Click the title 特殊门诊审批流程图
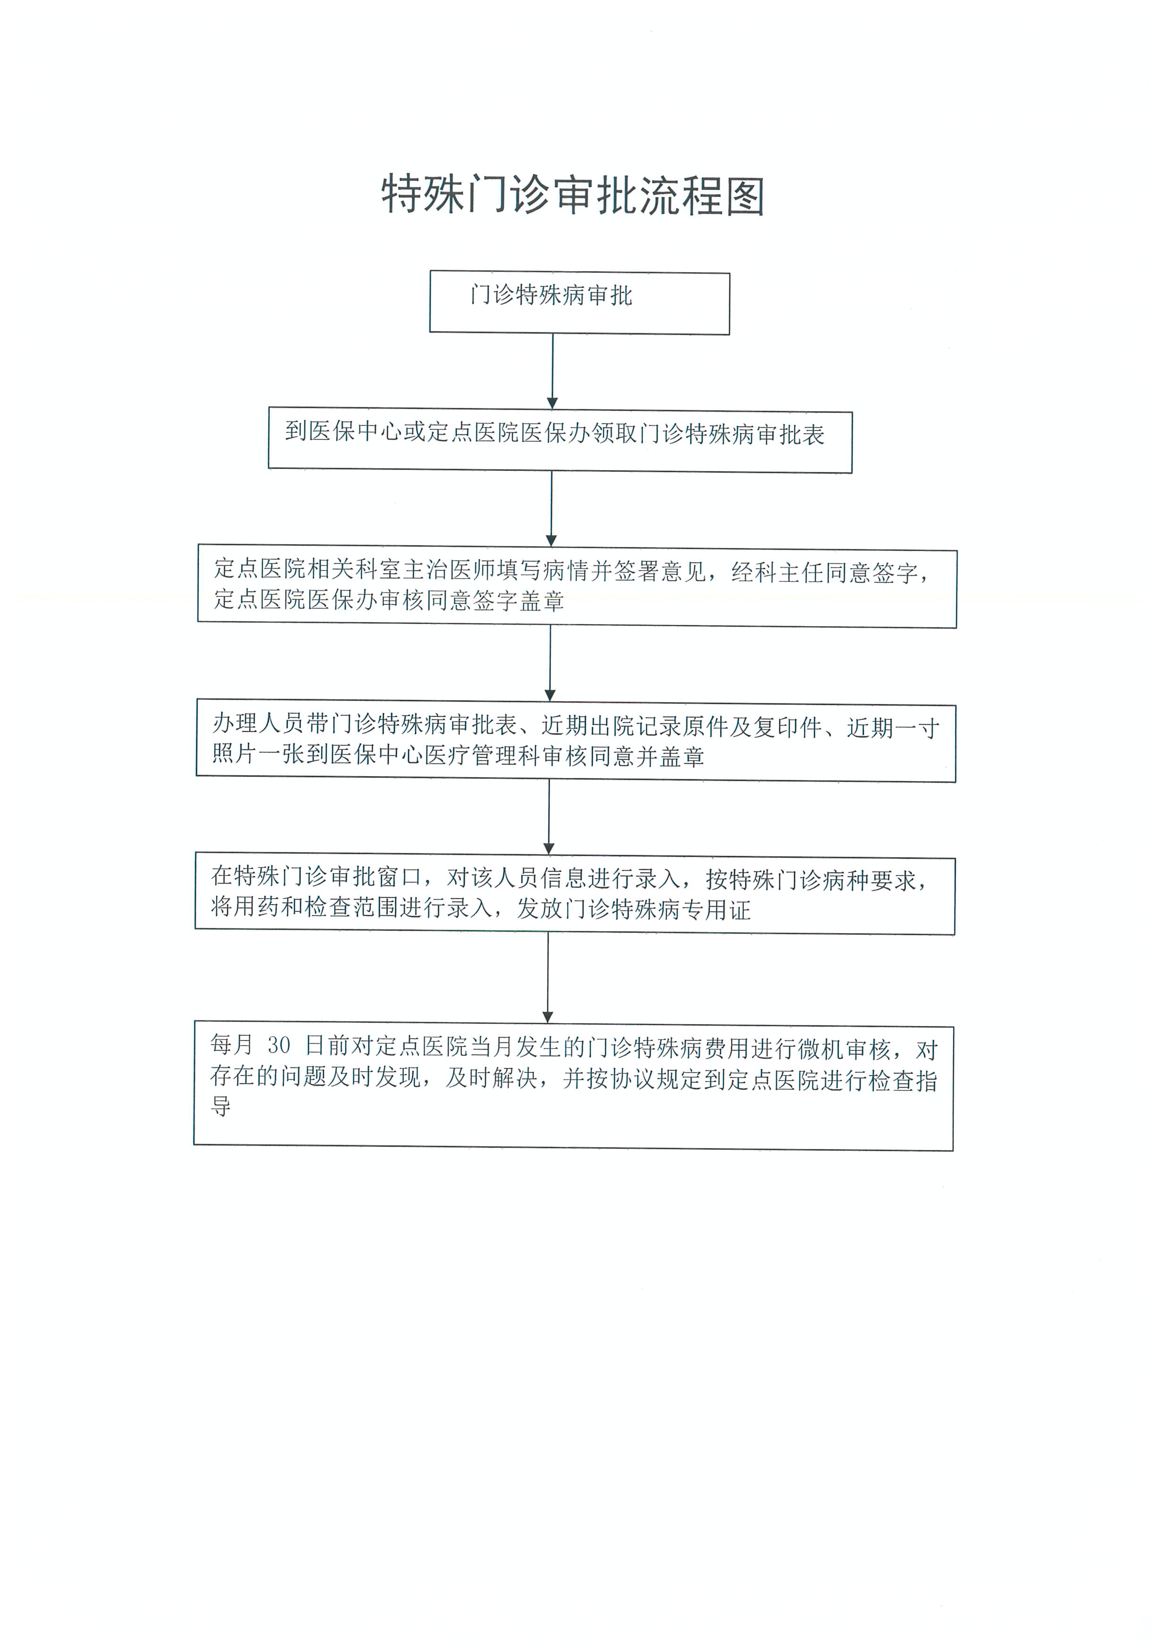click(x=573, y=194)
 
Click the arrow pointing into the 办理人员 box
click(x=550, y=663)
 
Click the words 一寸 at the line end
click(x=916, y=729)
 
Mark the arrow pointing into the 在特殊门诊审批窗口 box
click(x=549, y=818)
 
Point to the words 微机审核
click(x=845, y=1049)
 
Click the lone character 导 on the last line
click(x=221, y=1106)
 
